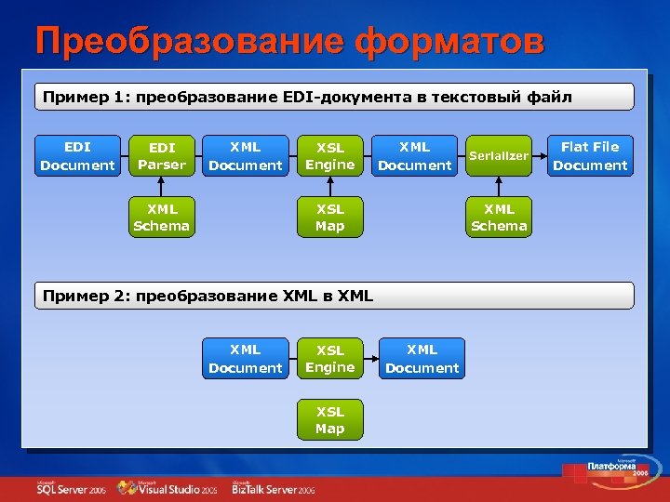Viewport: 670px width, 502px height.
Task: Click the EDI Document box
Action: (x=77, y=156)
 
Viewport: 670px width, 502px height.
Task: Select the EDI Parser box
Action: (x=161, y=156)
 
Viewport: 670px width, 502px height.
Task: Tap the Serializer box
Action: (x=499, y=156)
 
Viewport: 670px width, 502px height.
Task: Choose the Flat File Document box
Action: (x=590, y=156)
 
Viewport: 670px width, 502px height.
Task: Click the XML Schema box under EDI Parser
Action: (x=161, y=217)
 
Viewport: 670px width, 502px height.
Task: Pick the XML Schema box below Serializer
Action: (x=499, y=217)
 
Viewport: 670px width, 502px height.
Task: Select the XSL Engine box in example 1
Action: (x=330, y=156)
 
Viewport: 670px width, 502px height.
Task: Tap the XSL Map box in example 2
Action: (x=330, y=419)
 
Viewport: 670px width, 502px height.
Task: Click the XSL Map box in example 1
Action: (x=330, y=217)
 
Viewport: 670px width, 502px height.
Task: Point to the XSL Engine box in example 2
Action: (x=330, y=359)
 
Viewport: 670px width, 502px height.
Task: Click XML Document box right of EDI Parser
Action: (x=246, y=156)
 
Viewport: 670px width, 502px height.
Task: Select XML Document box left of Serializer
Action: (x=414, y=156)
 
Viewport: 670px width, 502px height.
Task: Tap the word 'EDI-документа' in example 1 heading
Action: (x=335, y=97)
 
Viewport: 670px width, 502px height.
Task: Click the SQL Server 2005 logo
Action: (x=71, y=487)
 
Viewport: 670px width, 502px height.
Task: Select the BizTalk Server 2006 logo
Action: (x=274, y=487)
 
